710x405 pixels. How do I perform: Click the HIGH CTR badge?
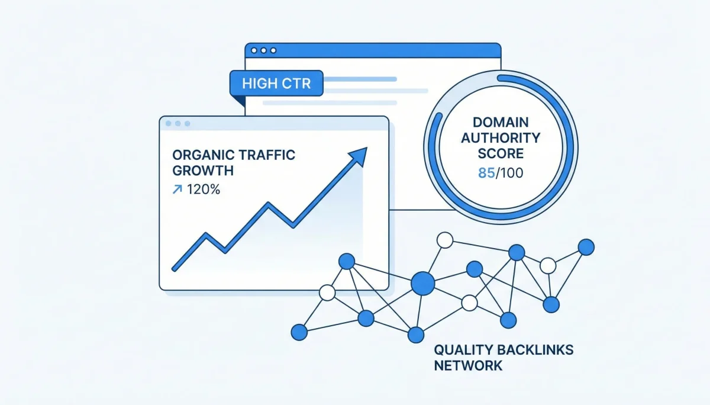coord(276,83)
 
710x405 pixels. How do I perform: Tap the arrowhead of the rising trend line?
coord(359,155)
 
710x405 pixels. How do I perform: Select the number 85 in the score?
coord(483,174)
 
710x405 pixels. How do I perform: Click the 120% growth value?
coord(204,190)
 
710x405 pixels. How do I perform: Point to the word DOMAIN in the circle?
coord(500,123)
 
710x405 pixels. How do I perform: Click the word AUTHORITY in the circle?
coord(501,138)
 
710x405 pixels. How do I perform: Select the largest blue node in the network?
coord(422,282)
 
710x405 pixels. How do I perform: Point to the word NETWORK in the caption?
coord(468,365)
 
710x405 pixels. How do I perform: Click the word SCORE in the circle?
coord(501,153)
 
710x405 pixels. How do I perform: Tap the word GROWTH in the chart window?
coord(202,171)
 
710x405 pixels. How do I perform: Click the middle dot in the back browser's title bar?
coord(263,51)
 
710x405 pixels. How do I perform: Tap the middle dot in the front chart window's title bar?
coord(178,124)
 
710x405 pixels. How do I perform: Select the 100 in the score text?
coord(509,174)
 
